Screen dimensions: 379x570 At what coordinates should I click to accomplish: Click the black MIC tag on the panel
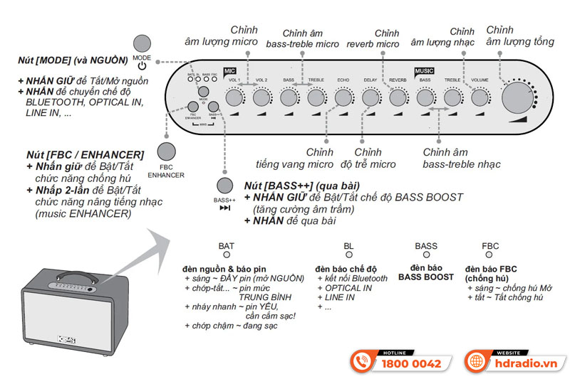click(229, 71)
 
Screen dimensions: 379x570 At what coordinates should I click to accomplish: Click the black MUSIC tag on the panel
click(425, 71)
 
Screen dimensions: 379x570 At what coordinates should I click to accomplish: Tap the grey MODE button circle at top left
click(142, 43)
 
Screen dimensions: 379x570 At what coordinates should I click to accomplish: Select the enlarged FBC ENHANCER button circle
click(166, 151)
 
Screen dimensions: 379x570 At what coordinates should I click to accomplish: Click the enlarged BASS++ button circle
click(225, 186)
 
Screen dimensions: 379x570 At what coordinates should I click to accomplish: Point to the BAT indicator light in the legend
click(227, 255)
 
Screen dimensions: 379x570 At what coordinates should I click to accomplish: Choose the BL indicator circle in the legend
click(348, 255)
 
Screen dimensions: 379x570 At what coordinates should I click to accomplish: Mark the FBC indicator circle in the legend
click(490, 255)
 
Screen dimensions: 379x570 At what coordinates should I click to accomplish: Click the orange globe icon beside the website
click(476, 361)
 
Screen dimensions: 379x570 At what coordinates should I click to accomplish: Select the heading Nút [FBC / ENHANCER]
click(83, 154)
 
